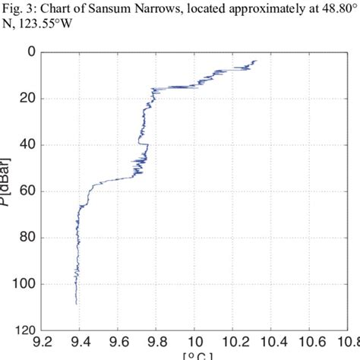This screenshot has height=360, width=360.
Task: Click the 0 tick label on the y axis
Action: point(30,52)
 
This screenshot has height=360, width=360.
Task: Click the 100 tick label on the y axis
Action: point(24,284)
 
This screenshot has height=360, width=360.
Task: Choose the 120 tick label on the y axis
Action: point(24,330)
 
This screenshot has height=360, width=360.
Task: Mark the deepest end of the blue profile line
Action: point(76,304)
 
